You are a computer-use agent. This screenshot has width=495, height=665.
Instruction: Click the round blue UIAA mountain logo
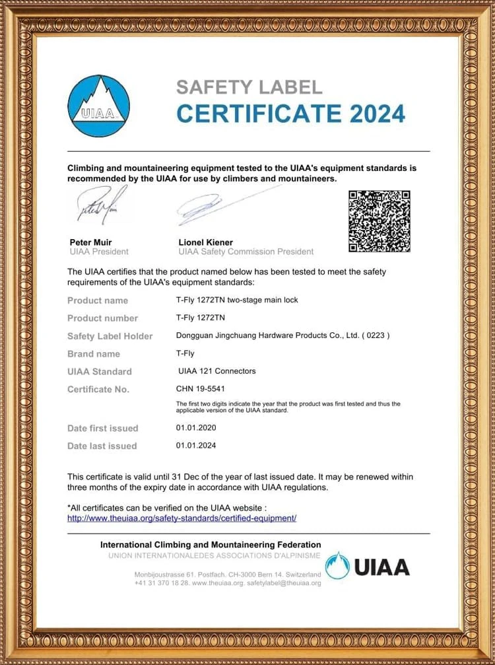point(99,105)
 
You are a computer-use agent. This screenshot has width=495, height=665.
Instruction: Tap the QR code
point(379,221)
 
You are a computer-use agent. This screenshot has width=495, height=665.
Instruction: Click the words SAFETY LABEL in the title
point(249,87)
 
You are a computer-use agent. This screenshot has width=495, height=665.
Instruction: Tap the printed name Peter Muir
point(90,242)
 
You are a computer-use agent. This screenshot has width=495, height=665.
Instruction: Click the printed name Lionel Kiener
point(205,242)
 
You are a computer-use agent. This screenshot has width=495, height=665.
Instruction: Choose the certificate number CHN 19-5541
point(205,389)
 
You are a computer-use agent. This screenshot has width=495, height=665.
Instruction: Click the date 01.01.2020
point(196,428)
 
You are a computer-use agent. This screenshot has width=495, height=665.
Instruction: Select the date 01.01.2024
point(196,446)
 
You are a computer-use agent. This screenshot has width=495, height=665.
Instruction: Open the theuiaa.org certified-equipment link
point(182,518)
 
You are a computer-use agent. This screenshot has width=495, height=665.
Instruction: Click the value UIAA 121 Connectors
point(217,371)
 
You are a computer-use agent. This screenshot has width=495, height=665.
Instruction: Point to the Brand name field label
point(94,354)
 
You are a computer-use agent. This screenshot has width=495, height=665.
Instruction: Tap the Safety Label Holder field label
point(110,336)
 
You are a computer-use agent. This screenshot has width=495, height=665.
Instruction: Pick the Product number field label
point(102,318)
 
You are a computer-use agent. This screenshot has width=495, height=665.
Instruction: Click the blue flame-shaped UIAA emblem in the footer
point(338,566)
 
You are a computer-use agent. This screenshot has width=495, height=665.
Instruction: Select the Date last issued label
point(102,446)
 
